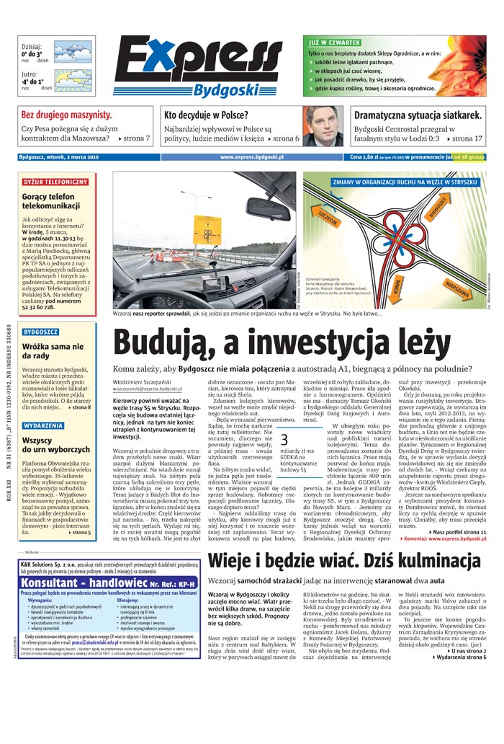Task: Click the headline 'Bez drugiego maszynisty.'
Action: pyautogui.click(x=66, y=115)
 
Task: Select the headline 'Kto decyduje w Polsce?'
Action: pyautogui.click(x=206, y=115)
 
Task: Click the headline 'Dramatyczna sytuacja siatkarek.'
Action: pyautogui.click(x=418, y=115)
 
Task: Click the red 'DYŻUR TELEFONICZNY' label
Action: pyautogui.click(x=55, y=182)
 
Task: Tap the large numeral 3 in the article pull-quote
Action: pyautogui.click(x=284, y=440)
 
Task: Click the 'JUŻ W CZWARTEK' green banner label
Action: pyautogui.click(x=330, y=43)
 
